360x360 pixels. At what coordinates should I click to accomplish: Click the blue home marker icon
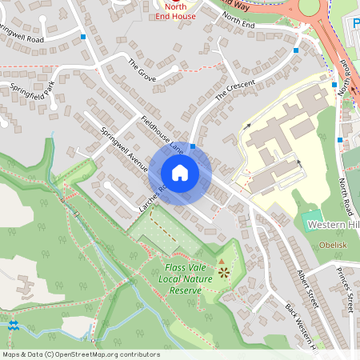pos(180,172)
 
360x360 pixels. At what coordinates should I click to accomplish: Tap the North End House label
pos(174,10)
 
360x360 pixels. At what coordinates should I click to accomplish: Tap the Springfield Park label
pos(30,95)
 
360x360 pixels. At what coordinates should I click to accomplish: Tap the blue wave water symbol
pos(13,325)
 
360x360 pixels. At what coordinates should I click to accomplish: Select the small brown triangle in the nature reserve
pos(222,261)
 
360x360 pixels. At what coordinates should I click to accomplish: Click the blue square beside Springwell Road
pos(83,37)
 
